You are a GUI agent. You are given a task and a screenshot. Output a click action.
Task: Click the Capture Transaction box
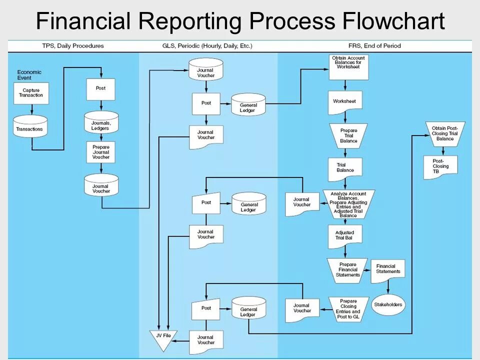point(31,93)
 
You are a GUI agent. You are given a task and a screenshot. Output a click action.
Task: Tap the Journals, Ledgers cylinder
point(100,123)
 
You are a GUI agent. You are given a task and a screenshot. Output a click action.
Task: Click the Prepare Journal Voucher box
point(100,151)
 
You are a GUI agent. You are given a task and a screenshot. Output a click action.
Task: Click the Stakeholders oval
point(388,304)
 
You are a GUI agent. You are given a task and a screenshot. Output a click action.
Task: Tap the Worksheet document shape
point(345,101)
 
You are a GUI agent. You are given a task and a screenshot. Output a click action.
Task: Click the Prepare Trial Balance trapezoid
point(348,135)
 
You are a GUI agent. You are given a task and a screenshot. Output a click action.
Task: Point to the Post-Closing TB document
point(440,167)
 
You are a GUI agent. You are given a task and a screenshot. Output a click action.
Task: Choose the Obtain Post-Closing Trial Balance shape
point(444,133)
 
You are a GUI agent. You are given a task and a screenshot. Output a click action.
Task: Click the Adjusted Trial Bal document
point(344,236)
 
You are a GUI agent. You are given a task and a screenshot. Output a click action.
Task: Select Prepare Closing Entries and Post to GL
point(348,308)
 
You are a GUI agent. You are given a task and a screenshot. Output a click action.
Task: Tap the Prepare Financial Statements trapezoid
point(348,270)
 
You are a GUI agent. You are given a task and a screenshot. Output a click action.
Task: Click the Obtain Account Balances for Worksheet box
point(348,66)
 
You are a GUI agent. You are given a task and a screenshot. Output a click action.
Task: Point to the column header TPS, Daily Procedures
point(73,46)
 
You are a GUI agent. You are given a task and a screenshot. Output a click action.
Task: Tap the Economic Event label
point(29,75)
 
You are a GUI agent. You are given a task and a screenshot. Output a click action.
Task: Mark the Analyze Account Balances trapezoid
point(348,204)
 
